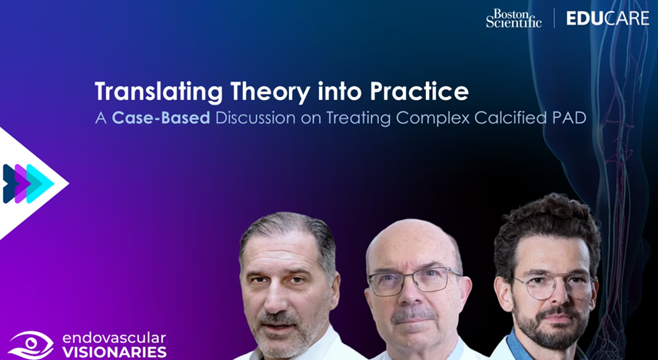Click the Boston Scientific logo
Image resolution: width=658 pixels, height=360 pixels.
pos(513,18)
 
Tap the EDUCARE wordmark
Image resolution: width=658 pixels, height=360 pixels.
pos(607,18)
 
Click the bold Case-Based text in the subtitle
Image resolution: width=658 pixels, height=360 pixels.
pos(161,118)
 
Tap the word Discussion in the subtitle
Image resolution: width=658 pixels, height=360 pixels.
pos(255,118)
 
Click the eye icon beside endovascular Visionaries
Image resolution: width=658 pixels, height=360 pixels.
pos(31,345)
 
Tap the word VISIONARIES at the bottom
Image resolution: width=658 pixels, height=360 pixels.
pos(114,352)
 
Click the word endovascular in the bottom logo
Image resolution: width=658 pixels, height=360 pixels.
pos(114,338)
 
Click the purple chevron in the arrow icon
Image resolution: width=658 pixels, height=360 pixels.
pos(23,184)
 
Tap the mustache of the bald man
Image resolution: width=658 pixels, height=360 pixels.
pos(413,314)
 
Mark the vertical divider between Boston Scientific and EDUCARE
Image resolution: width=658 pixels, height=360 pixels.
pos(554,18)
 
